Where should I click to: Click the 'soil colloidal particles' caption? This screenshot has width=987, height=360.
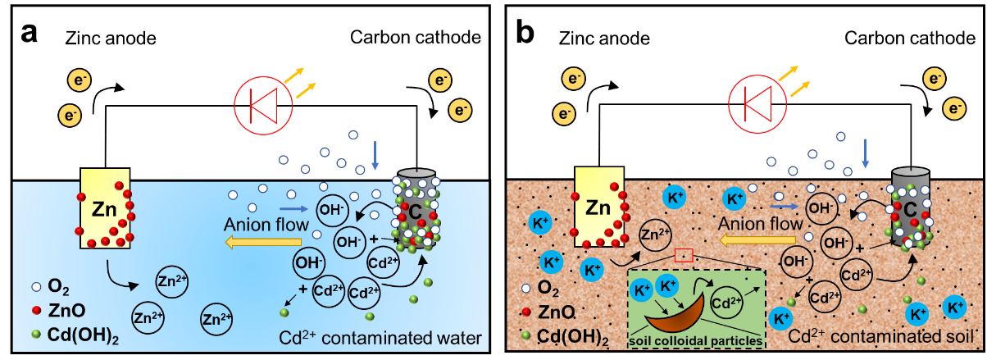point(695,338)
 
